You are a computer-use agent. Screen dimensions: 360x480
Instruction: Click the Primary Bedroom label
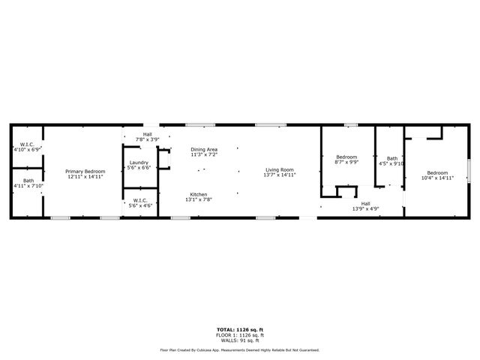[85, 172]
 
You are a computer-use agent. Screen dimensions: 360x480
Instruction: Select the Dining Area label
[204, 149]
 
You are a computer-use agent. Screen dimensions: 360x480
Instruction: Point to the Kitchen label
[198, 194]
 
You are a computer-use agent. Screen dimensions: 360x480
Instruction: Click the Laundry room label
[139, 162]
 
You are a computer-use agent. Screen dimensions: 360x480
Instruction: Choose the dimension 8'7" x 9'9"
[346, 161]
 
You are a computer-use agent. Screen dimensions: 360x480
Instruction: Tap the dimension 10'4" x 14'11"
[437, 178]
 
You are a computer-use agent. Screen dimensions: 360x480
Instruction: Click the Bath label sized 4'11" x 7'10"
[28, 181]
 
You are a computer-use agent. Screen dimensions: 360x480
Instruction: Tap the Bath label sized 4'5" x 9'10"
[392, 158]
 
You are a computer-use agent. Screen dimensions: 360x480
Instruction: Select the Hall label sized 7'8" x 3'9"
[148, 135]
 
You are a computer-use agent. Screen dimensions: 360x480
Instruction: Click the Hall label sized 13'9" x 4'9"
[366, 202]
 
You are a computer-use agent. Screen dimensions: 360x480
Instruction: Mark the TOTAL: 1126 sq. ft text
[240, 329]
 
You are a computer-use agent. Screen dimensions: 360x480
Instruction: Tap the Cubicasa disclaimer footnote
[240, 349]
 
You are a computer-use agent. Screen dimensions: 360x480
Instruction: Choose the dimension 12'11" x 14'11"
[85, 177]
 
